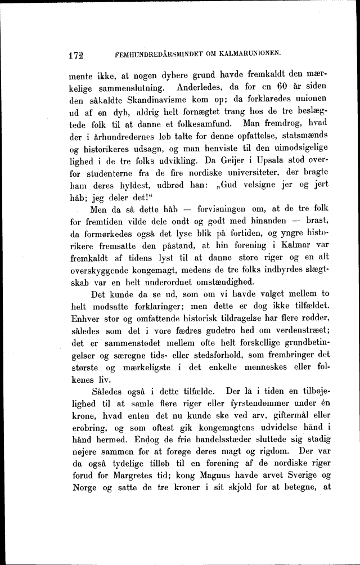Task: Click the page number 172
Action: (x=75, y=55)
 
